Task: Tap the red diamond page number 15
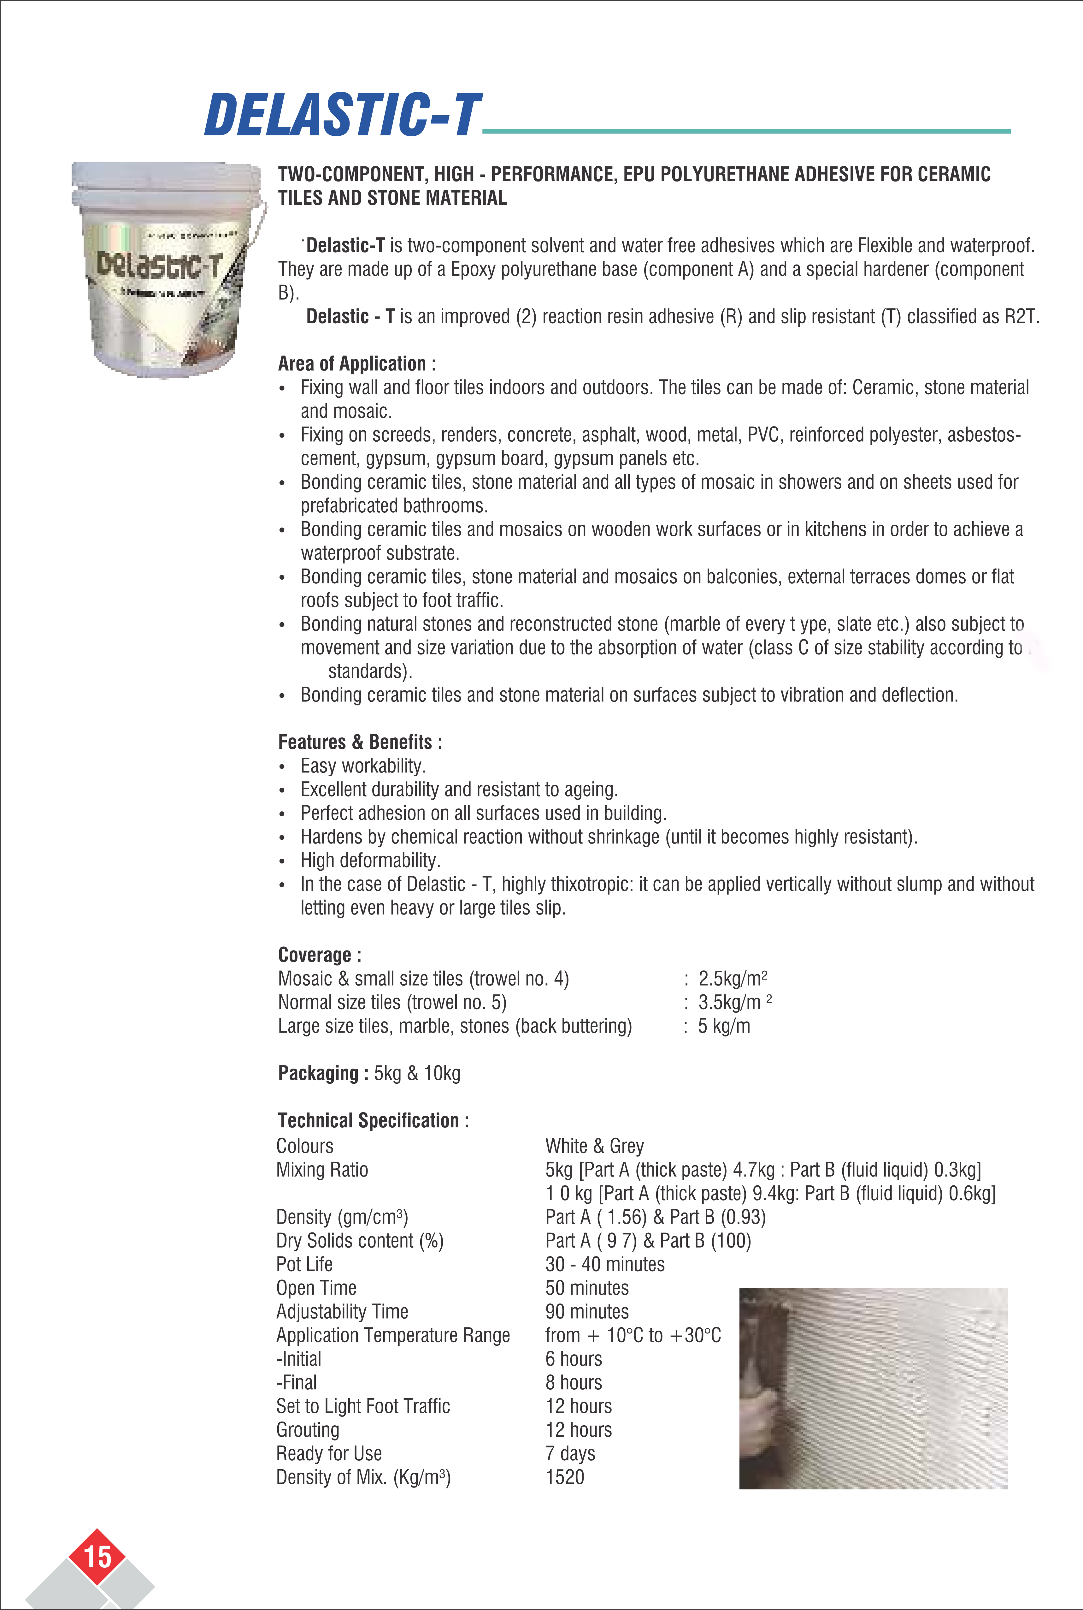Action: pyautogui.click(x=97, y=1556)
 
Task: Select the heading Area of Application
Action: pyautogui.click(x=356, y=363)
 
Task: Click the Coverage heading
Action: pyautogui.click(x=319, y=955)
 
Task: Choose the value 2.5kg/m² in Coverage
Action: pyautogui.click(x=732, y=978)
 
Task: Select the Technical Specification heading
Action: pyautogui.click(x=373, y=1120)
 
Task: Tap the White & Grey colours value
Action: pyautogui.click(x=594, y=1146)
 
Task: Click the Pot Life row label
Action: pyautogui.click(x=304, y=1264)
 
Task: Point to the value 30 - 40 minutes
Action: pyautogui.click(x=604, y=1264)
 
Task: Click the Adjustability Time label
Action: pyautogui.click(x=342, y=1311)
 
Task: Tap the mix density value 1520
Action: pyautogui.click(x=564, y=1477)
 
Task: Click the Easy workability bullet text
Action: pyautogui.click(x=362, y=766)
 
